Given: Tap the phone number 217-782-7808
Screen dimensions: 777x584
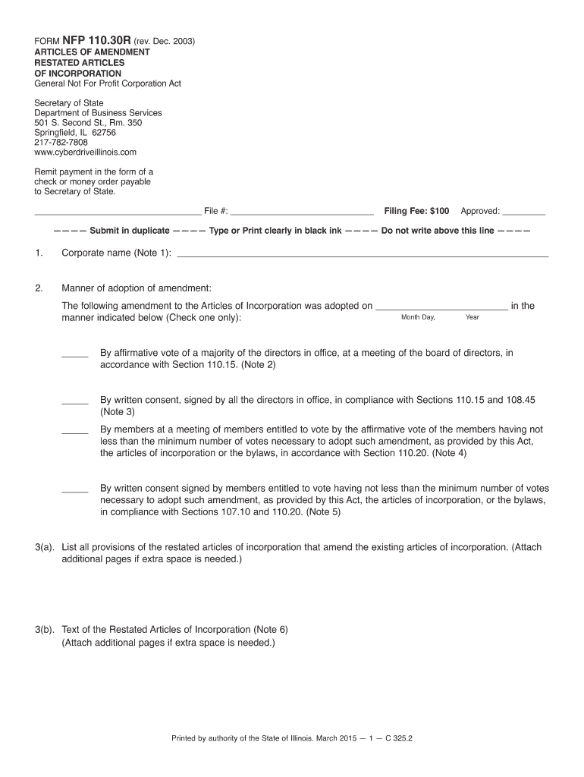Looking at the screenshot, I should tap(61, 143).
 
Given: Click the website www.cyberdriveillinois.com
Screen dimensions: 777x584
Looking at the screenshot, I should tap(85, 153).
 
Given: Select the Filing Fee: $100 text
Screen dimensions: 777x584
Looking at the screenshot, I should tap(416, 211).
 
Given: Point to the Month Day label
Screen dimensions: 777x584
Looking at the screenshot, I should tap(418, 317).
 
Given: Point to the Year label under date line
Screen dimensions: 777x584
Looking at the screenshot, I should tap(473, 317).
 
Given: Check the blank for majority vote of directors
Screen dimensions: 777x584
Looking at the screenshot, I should tap(75, 355).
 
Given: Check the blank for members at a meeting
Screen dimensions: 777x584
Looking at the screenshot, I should tap(75, 432).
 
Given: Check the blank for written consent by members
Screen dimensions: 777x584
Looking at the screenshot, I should tap(75, 492).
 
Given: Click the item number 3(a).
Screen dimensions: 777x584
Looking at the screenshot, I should tap(45, 547).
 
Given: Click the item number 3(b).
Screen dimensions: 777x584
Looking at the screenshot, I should tap(45, 630).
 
